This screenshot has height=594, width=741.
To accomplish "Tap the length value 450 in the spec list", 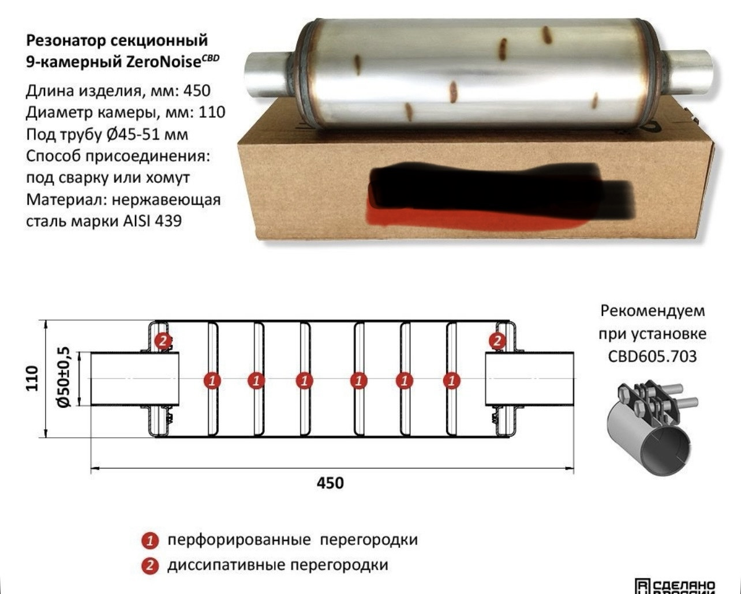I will tap(197, 91).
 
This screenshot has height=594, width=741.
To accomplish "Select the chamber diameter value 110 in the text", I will tap(212, 112).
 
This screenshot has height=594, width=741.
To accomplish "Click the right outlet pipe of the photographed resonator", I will tap(686, 72).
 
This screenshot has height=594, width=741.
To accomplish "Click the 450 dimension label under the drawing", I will tap(330, 483).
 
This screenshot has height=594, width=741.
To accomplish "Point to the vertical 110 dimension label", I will tap(32, 378).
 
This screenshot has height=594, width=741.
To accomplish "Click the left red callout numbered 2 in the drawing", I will tap(163, 341).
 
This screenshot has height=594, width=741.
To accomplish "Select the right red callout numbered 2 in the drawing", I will tap(497, 341).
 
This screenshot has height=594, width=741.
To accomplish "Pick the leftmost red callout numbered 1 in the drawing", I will tap(213, 380).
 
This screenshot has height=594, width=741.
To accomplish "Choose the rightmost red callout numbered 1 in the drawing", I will tap(452, 380).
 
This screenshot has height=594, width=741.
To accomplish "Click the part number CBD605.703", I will tap(652, 356).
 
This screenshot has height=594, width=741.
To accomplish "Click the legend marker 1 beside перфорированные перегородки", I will tap(149, 541).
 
